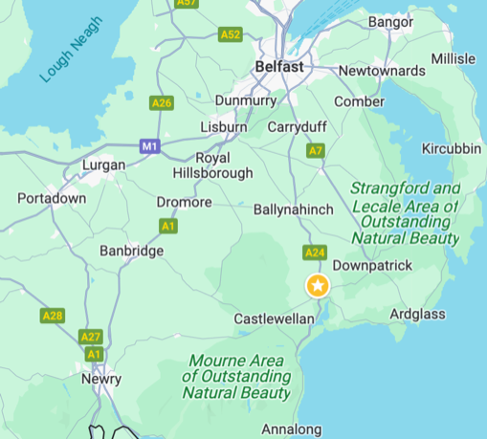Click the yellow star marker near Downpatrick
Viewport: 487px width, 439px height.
coord(318,285)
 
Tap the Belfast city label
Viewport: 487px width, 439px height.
coord(279,67)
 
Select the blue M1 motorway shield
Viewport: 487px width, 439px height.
coord(148,146)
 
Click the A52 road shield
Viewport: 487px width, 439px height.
coord(230,34)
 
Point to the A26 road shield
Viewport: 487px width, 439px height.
coord(162,102)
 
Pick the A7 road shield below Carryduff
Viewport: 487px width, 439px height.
coord(316,150)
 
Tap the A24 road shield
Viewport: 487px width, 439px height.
coord(315,252)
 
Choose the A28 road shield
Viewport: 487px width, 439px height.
coord(53,315)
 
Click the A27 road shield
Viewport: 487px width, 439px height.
coord(91,337)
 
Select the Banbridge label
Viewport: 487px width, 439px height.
coord(132,251)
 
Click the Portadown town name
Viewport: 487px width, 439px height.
coord(52,198)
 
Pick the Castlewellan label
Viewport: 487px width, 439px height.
coord(275,318)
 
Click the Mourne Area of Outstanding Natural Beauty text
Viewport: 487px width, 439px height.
coord(237,377)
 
